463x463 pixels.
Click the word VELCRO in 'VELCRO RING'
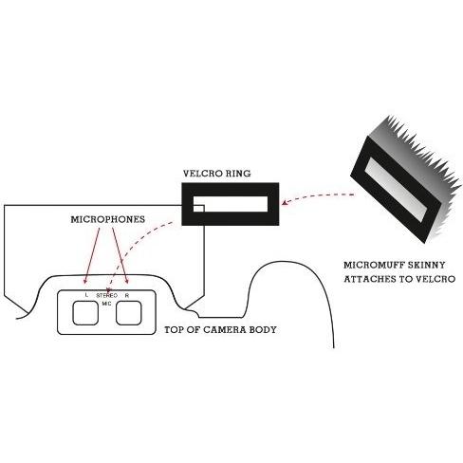coord(201,174)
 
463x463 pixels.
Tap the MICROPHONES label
coord(108,219)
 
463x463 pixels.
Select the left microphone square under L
coord(85,313)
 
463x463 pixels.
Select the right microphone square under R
coord(129,313)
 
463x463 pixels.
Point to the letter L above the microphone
coord(86,295)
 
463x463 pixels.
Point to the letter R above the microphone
coord(127,296)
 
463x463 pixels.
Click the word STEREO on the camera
coord(106,295)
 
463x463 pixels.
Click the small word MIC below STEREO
coord(106,304)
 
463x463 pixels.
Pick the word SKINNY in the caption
coord(426,265)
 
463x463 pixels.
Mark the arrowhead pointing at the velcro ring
coord(285,202)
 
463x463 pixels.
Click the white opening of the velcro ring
coord(231,204)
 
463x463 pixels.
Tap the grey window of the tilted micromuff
coord(398,190)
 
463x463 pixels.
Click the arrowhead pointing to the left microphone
coord(85,281)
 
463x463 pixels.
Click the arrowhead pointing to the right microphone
coord(127,281)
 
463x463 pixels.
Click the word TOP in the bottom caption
coord(173,330)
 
